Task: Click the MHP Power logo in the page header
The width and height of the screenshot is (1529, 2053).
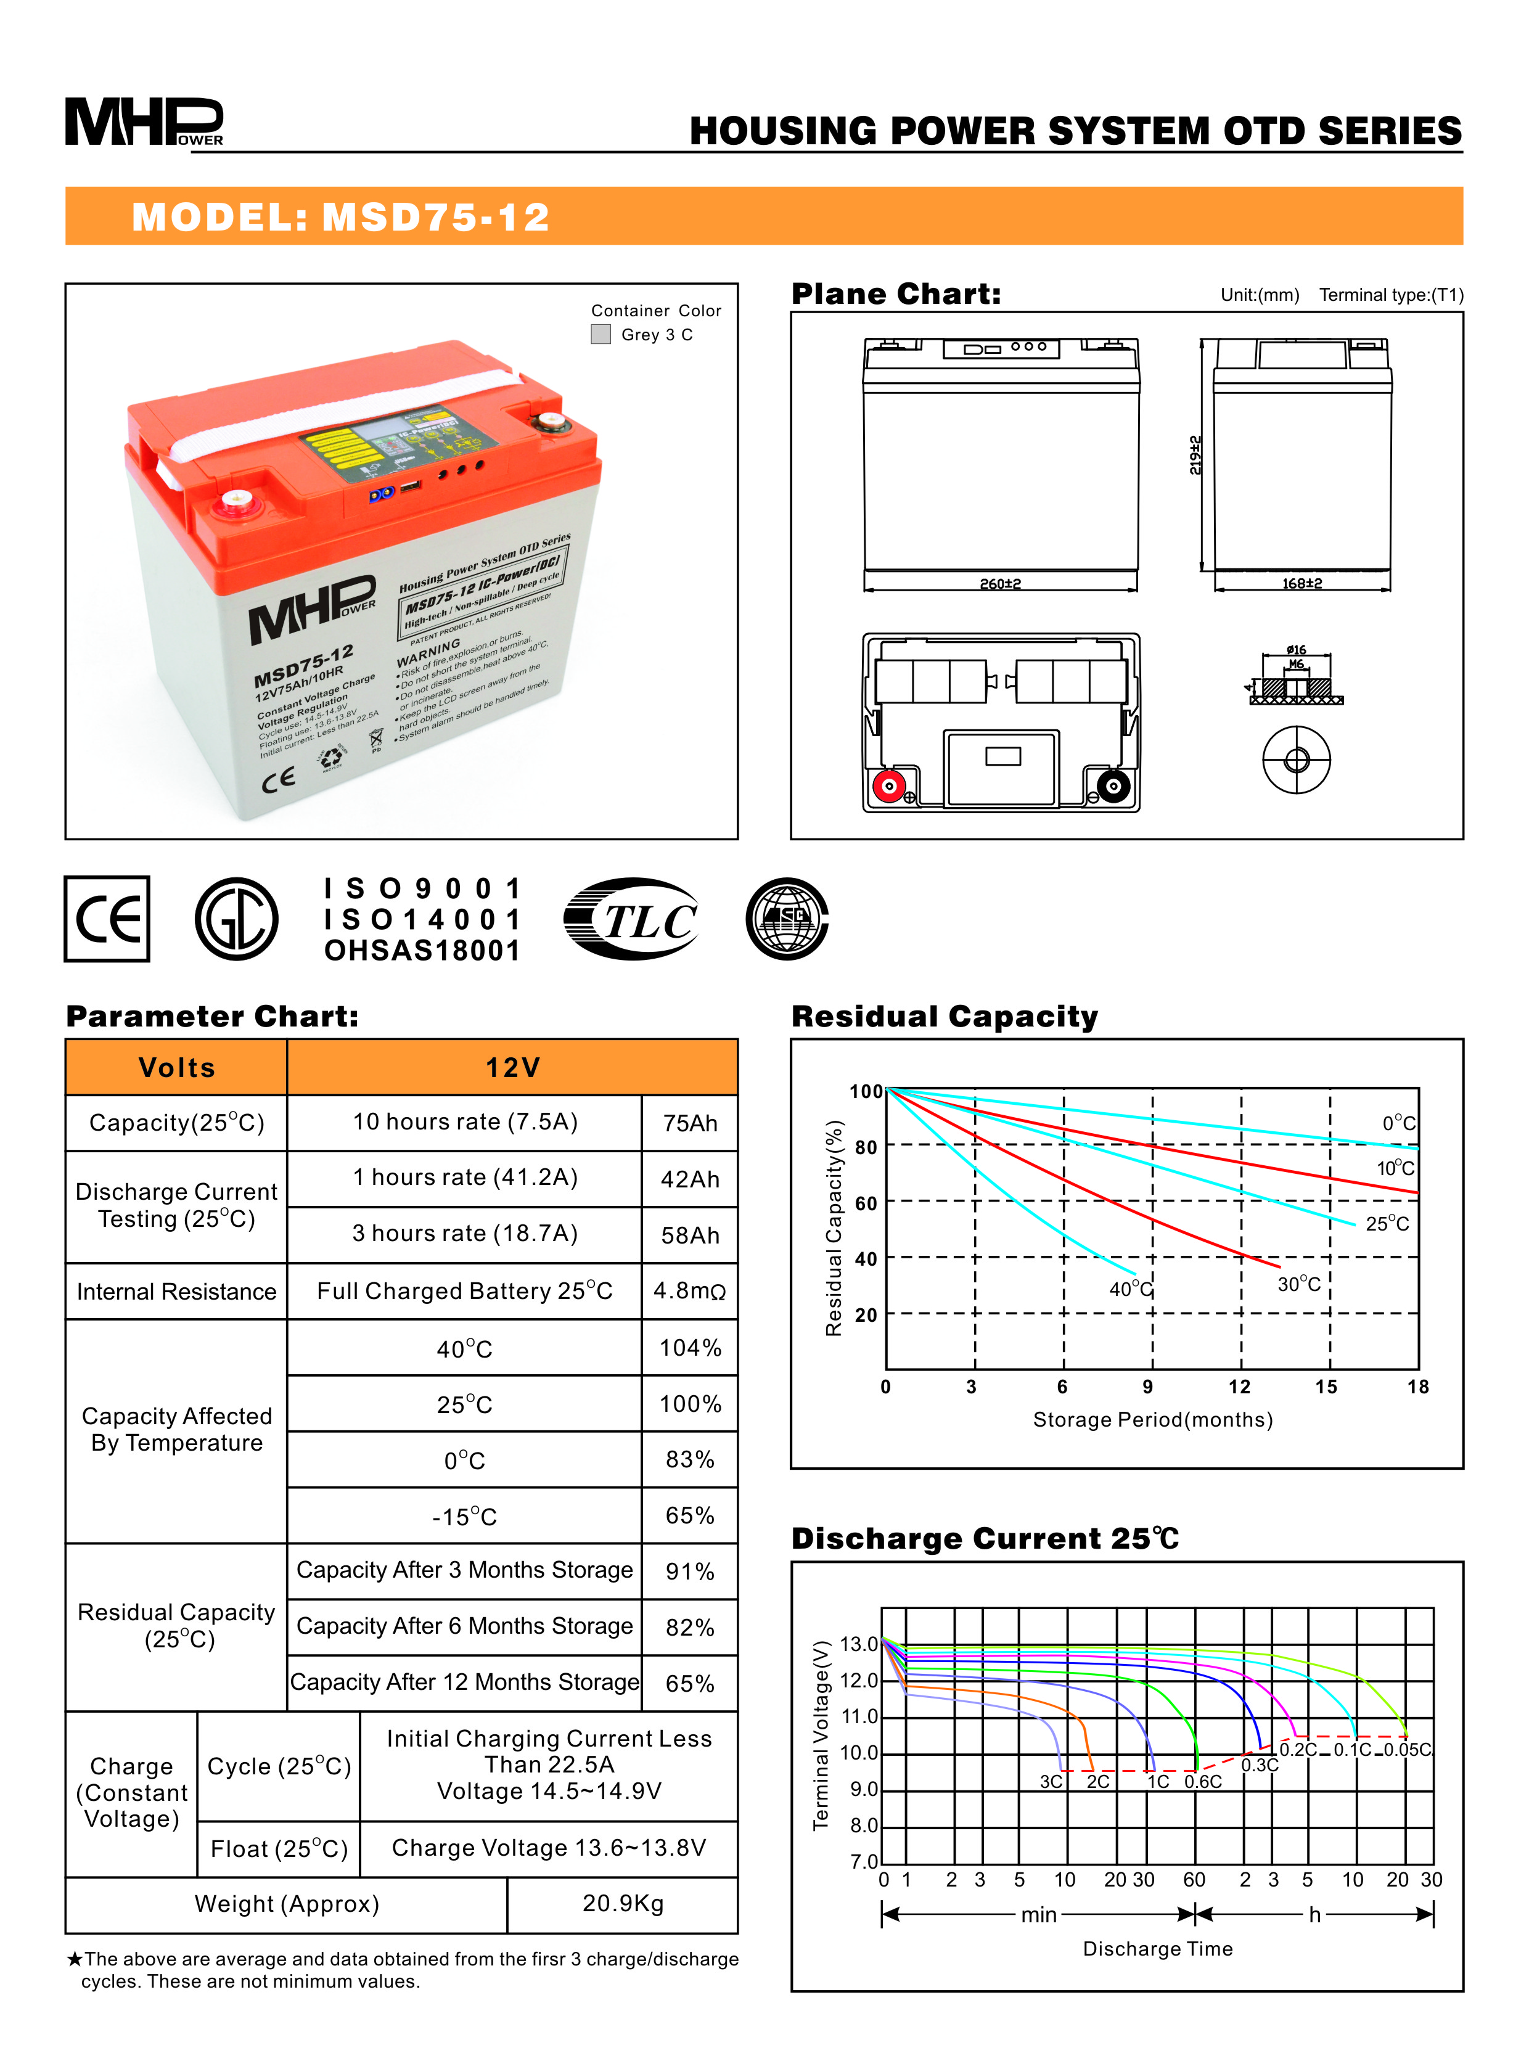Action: (144, 122)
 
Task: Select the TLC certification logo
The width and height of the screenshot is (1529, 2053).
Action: (632, 919)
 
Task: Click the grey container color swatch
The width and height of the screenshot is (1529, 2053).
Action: (601, 334)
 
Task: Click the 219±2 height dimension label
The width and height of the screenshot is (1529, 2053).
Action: (1195, 454)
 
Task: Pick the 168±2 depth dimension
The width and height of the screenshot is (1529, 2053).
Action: (1301, 584)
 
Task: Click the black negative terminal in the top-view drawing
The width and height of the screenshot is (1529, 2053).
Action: (1113, 786)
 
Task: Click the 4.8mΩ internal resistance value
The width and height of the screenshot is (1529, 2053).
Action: (689, 1290)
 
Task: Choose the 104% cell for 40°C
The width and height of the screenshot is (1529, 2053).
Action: (689, 1348)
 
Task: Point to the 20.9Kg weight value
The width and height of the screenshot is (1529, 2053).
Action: (623, 1903)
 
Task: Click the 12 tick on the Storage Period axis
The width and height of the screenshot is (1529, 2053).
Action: (1239, 1387)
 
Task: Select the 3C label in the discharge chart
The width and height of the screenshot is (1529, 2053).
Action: (1051, 1782)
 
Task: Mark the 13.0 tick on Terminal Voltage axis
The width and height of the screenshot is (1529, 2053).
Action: (859, 1644)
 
